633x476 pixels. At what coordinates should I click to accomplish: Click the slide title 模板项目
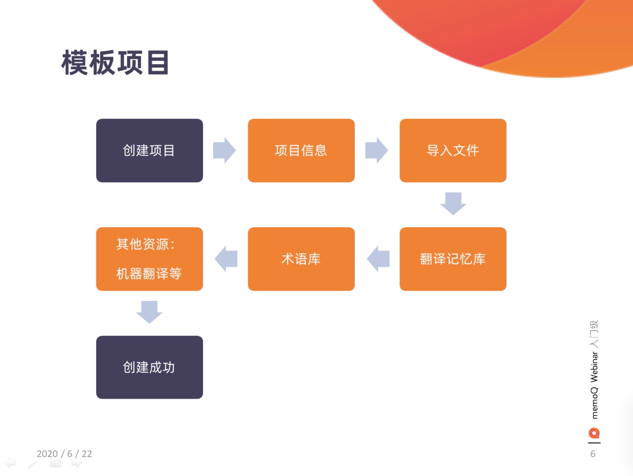115,63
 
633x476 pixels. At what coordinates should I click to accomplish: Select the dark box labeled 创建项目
150,151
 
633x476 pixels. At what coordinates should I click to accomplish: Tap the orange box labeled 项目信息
301,151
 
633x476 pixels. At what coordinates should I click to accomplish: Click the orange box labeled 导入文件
453,151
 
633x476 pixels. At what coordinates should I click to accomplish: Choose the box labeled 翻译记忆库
453,259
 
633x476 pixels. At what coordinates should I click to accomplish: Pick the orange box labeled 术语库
301,259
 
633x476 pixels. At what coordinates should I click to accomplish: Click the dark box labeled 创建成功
150,367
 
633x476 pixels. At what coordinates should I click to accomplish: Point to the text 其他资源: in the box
146,244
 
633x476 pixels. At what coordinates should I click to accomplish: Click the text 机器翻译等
149,274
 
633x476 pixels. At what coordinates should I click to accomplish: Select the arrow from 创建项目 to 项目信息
224,150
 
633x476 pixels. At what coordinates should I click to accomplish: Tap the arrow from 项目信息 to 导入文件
377,150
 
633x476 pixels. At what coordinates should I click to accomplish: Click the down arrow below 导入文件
453,204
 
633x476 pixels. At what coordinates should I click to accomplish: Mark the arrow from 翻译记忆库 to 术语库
378,259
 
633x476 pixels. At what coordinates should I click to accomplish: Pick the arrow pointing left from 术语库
226,259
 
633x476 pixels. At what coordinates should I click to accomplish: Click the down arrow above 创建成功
149,312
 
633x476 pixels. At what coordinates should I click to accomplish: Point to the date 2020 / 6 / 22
64,454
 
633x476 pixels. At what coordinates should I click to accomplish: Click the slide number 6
593,454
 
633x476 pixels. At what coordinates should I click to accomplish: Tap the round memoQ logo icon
594,433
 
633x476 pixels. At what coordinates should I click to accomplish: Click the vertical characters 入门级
594,334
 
